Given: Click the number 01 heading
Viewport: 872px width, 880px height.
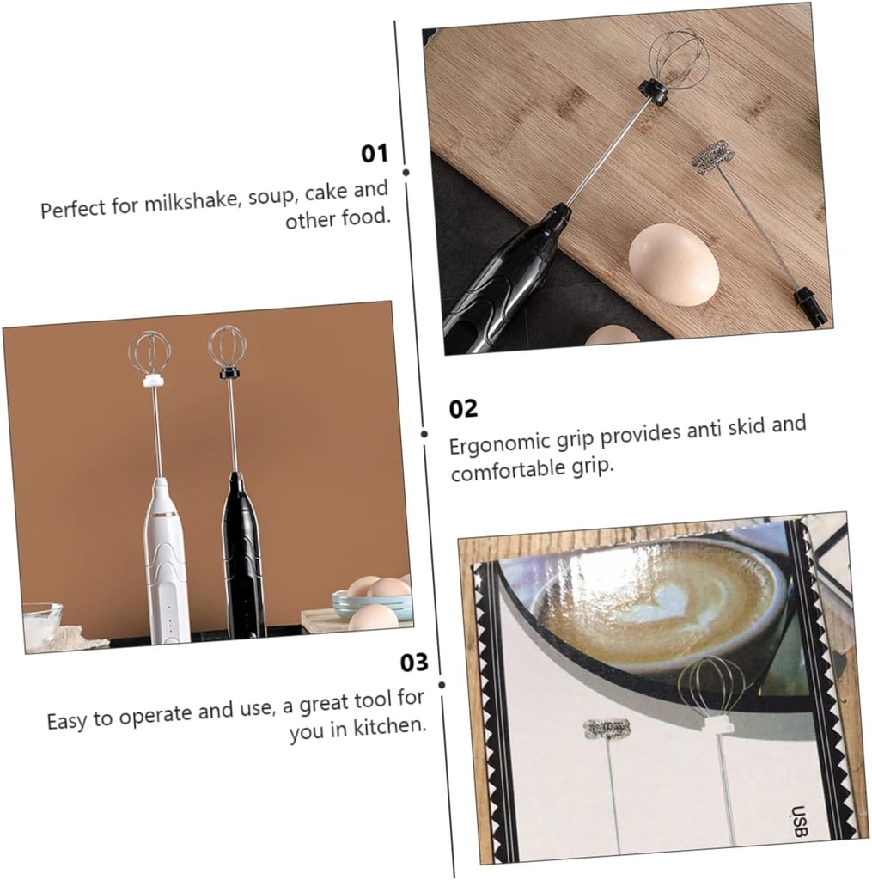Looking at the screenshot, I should [374, 154].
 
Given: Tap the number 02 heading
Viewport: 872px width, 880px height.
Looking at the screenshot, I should [463, 408].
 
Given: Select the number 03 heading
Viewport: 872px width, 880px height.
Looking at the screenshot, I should [413, 663].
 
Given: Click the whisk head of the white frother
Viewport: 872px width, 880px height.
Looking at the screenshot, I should [149, 353].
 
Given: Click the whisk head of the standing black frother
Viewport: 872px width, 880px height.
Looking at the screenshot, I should [228, 347].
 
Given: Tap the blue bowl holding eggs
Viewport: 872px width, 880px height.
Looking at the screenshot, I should [371, 604].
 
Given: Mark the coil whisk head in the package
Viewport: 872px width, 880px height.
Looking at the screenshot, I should [607, 729].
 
